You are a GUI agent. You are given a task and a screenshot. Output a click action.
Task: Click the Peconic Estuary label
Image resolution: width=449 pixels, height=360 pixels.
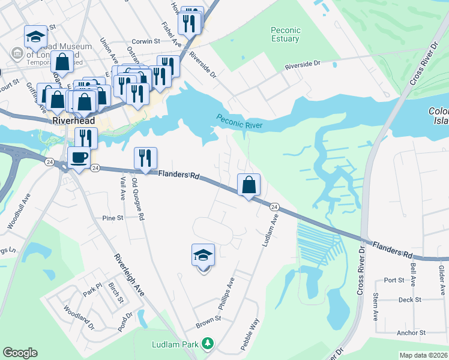point(285,34)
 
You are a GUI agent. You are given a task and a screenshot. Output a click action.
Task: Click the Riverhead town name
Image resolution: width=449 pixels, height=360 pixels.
point(71,120)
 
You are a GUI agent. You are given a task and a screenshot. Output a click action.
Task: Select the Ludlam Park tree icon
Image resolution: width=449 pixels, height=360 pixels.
point(207,344)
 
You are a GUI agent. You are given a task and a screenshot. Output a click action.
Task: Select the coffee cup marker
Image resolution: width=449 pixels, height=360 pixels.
point(79,158)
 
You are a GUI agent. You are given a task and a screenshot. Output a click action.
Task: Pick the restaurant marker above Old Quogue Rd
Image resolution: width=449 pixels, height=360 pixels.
point(145,158)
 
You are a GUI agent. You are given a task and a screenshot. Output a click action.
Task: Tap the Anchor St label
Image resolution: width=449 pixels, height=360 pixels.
point(411,332)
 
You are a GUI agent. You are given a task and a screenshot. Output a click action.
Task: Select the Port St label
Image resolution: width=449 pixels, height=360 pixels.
point(394,280)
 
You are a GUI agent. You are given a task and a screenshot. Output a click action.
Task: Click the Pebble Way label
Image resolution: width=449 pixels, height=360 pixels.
point(250,333)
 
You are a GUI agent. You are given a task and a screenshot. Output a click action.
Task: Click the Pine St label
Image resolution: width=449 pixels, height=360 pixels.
point(112,218)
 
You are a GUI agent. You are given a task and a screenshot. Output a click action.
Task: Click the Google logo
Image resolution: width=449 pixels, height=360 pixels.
point(20,353)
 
